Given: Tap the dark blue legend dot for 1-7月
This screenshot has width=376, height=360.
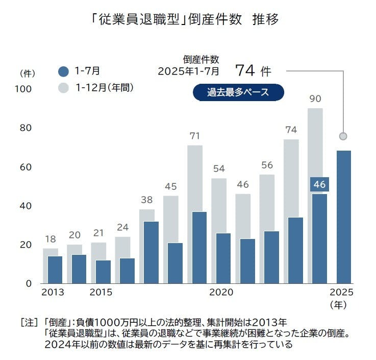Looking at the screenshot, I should [x=63, y=71].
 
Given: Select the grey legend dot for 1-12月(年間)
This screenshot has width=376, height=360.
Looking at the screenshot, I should [x=63, y=88].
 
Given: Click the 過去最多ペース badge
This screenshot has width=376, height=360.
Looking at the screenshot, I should [x=238, y=92].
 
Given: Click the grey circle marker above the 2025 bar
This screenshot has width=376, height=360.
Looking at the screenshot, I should [x=343, y=136].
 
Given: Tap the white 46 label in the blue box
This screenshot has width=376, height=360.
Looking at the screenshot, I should [x=319, y=184].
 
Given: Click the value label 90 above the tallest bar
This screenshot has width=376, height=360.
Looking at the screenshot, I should [x=315, y=99].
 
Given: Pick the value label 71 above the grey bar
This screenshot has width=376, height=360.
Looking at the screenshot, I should [x=195, y=136].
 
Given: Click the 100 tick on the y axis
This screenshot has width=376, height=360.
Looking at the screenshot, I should [x=23, y=89].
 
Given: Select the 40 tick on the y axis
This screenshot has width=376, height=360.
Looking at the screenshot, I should [x=26, y=206].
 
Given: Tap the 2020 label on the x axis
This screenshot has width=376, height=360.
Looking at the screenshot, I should [x=221, y=293].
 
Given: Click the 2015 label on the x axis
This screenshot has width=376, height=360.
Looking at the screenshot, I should [x=101, y=293].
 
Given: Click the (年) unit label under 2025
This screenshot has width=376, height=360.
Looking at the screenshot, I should [x=339, y=305].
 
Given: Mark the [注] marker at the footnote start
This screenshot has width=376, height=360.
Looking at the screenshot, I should [x=29, y=323].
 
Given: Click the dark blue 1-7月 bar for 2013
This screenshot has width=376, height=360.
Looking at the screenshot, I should [x=55, y=269].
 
